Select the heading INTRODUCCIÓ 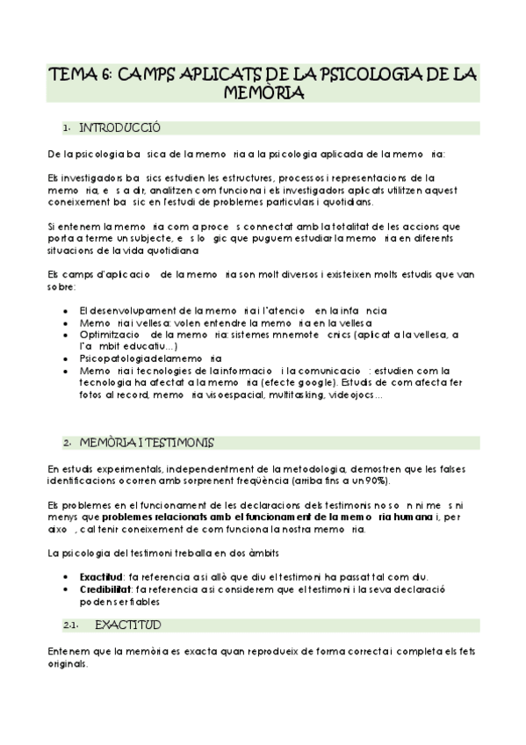[119, 128]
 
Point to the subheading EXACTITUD [127, 626]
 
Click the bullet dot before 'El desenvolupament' [69, 311]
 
